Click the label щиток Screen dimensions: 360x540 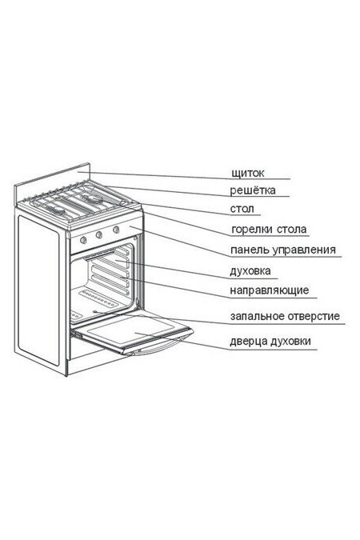pos(248,173)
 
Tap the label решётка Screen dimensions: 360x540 pos(253,190)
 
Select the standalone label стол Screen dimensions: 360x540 pos(242,209)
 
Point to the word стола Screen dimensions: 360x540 pos(292,230)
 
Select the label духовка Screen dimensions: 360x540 pos(250,271)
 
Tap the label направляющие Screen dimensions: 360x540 pos(270,291)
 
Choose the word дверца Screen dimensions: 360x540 pos(248,342)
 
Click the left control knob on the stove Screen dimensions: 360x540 pos(83,240)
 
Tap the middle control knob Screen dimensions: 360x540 pos(99,235)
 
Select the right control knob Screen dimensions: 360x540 pos(116,229)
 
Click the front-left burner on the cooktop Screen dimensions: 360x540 pos(55,210)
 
